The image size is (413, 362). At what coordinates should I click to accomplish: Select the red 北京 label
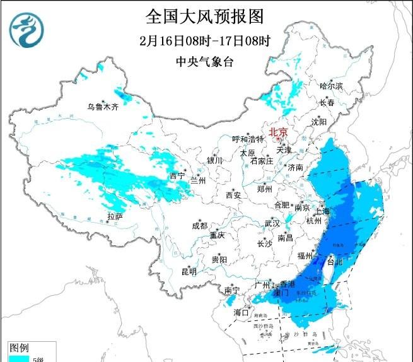tap(278, 132)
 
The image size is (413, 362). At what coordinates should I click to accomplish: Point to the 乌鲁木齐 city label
tap(103, 107)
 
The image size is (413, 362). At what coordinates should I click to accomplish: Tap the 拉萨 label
tap(115, 216)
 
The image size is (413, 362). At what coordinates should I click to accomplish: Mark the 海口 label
tap(241, 312)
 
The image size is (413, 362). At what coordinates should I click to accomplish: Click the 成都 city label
tap(200, 226)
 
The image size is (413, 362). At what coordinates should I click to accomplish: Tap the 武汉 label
tap(272, 223)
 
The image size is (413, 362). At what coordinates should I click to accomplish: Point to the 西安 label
tap(233, 195)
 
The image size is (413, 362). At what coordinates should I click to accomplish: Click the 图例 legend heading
tap(19, 347)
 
